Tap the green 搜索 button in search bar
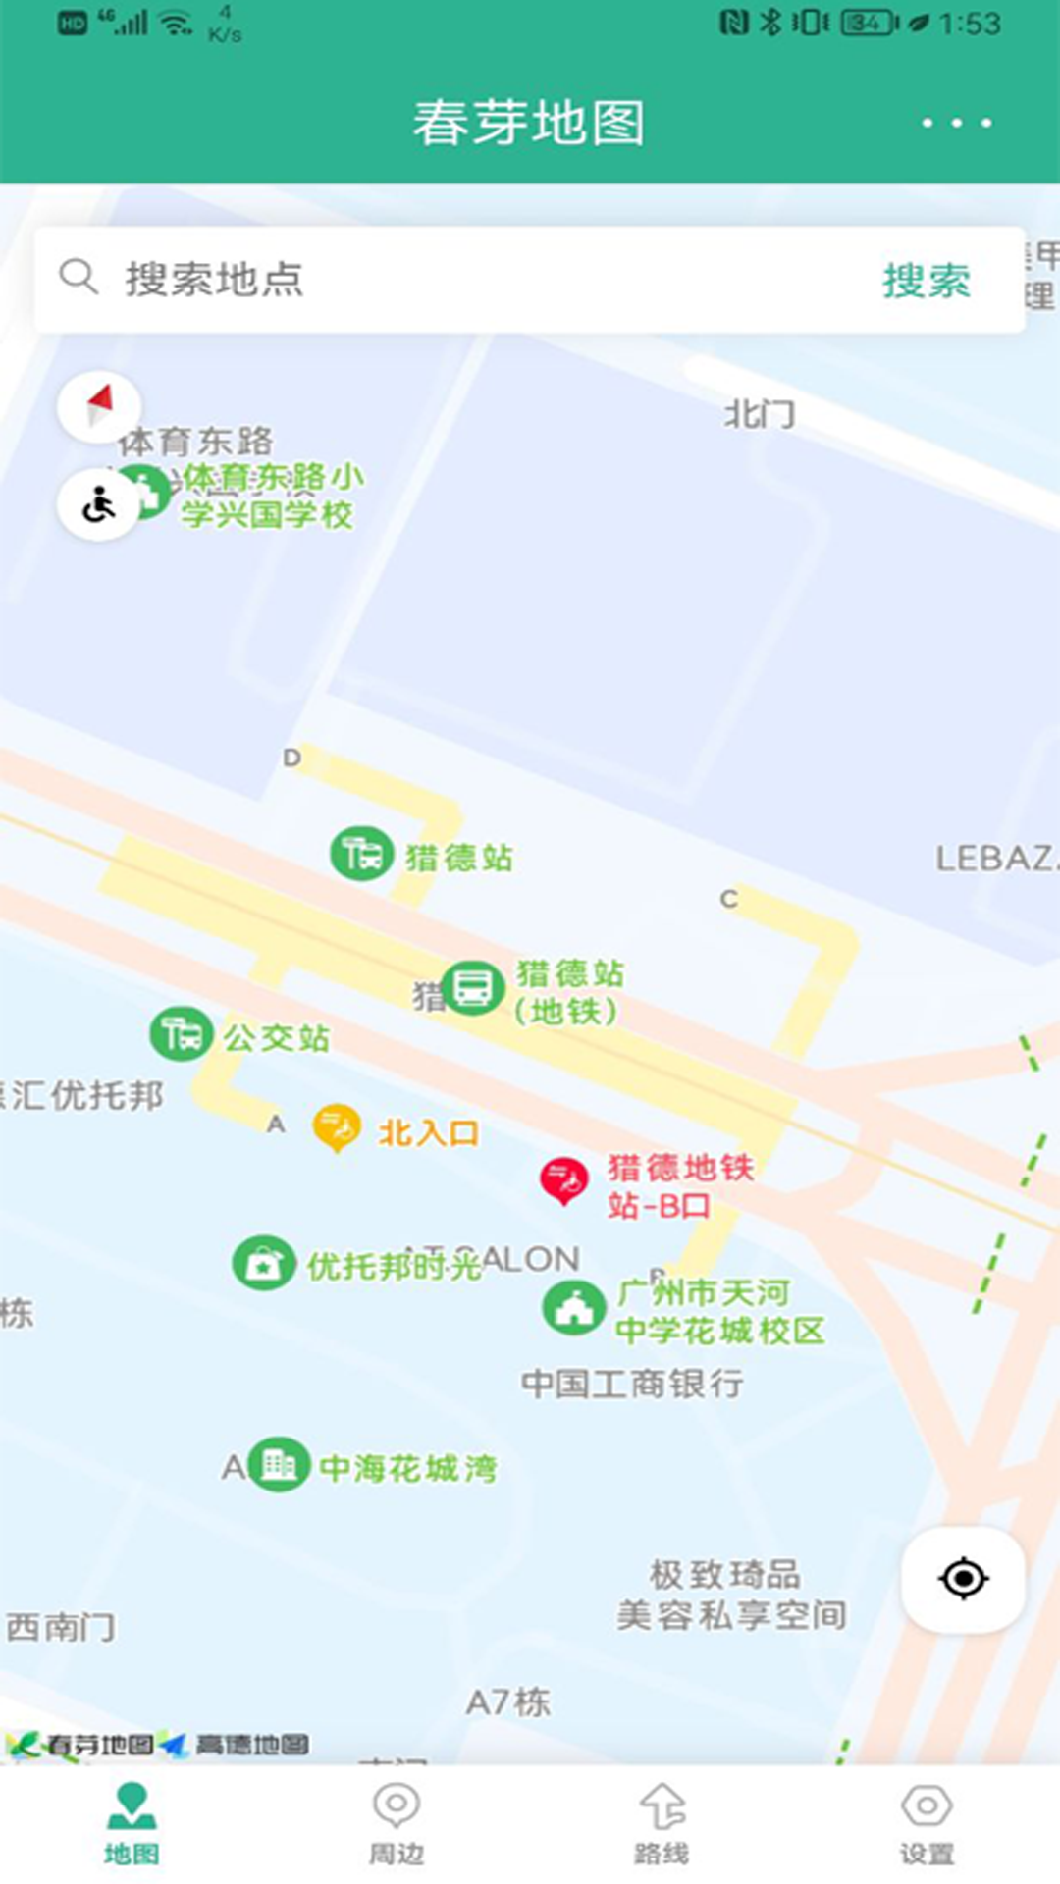(x=926, y=281)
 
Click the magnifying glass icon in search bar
(x=78, y=278)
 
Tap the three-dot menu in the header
(x=956, y=123)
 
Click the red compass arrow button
(x=99, y=405)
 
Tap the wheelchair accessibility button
(x=99, y=505)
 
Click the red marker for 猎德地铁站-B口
(x=564, y=1180)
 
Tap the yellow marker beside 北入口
(x=337, y=1127)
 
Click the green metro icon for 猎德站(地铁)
(x=473, y=987)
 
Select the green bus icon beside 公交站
(x=182, y=1034)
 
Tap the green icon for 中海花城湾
(x=279, y=1465)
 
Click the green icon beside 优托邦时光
(x=263, y=1264)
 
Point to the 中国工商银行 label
(x=632, y=1384)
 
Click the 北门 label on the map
(x=760, y=415)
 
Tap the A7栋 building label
(x=507, y=1702)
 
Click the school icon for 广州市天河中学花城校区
(x=573, y=1308)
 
